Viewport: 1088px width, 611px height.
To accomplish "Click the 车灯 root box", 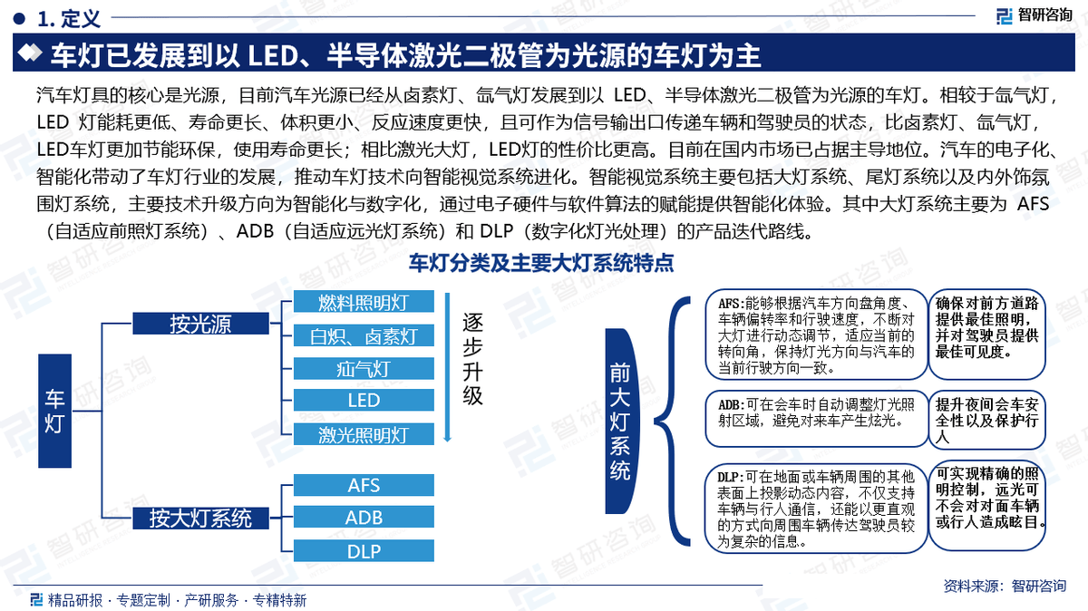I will coord(55,411).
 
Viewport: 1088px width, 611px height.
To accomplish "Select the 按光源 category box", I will coord(200,324).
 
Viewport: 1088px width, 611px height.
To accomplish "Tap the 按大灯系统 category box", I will coord(200,519).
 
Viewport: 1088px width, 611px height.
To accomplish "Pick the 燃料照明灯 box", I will coord(364,302).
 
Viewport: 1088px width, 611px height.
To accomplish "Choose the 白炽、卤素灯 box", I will coord(364,335).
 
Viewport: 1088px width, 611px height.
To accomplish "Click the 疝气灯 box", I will coord(364,368).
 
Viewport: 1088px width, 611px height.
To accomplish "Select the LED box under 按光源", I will coord(364,401).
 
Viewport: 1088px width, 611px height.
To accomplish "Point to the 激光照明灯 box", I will coord(364,434).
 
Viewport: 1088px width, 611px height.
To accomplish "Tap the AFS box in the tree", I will coord(364,485).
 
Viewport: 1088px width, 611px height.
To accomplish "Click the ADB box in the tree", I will coord(364,519).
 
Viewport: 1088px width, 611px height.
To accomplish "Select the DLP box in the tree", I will coord(364,551).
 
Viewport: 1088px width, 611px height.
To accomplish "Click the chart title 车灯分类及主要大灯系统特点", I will coord(540,264).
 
